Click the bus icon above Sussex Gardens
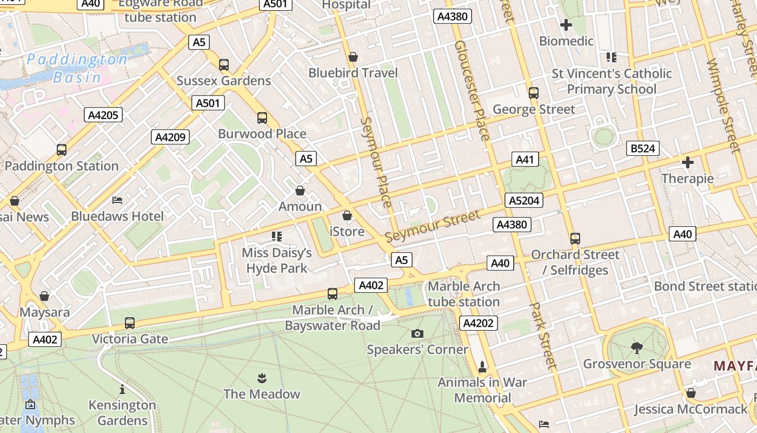(224, 65)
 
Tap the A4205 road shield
(103, 115)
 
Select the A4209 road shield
(170, 137)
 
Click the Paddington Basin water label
(77, 68)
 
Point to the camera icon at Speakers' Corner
(417, 333)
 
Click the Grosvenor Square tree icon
(636, 347)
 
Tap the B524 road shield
(643, 148)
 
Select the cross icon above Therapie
(688, 162)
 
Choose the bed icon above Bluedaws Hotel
(117, 200)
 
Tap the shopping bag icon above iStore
(347, 215)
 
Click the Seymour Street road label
(433, 227)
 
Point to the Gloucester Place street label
(472, 90)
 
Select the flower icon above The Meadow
(262, 377)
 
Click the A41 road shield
(524, 159)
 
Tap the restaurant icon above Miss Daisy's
(277, 236)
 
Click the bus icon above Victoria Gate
(130, 323)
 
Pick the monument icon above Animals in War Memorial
(482, 366)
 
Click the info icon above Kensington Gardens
(122, 389)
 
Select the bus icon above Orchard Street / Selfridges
(575, 238)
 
